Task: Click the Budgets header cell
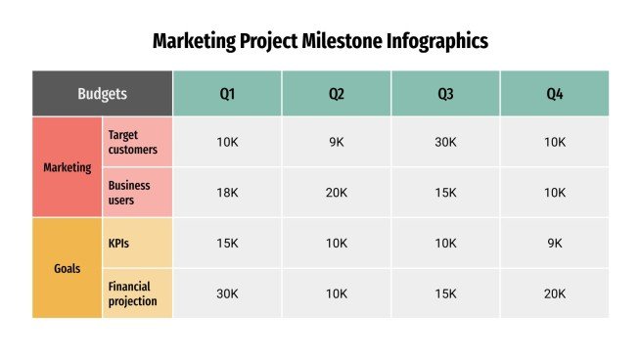coord(102,94)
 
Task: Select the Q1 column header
coord(227,94)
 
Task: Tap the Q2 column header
coord(337,94)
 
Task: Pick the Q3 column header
coord(445,94)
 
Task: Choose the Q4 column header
coord(555,94)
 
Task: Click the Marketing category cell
coord(67,167)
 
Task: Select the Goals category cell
coord(67,268)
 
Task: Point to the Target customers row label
coord(137,142)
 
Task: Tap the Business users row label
coord(137,193)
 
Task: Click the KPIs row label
coord(137,243)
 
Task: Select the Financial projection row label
coord(137,293)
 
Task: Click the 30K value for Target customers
coord(445,142)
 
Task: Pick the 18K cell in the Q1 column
coord(227,193)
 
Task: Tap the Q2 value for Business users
coord(337,193)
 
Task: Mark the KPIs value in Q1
coord(227,243)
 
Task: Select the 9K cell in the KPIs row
coord(555,243)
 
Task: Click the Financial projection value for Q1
coord(227,293)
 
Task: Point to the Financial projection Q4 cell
coord(555,293)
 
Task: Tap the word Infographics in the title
coord(437,41)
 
